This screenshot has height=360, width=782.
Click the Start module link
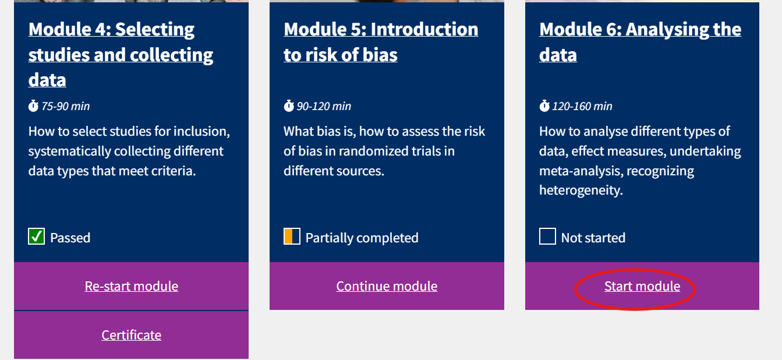tap(642, 287)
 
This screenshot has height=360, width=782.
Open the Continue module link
tap(387, 287)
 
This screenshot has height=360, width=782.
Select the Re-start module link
tap(131, 287)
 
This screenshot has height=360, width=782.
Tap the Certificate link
tap(131, 335)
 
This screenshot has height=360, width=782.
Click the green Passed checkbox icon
tap(36, 237)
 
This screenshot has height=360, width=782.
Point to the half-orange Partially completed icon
tap(292, 237)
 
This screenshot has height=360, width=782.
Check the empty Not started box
tap(547, 237)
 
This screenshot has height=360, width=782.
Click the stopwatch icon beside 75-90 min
tap(33, 105)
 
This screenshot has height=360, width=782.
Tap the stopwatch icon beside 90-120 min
tap(289, 105)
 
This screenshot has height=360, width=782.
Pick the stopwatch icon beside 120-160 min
tap(544, 105)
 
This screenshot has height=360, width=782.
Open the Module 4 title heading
tap(121, 55)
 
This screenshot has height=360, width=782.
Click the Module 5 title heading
tap(381, 42)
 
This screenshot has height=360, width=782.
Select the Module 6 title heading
tap(641, 42)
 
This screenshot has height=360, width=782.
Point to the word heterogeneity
tap(581, 190)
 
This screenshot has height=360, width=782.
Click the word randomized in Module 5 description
tap(375, 151)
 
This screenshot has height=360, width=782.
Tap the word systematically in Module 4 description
tap(69, 151)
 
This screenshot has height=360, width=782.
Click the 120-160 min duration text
tap(582, 106)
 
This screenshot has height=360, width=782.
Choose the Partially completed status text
tap(362, 238)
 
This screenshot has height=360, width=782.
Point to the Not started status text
tap(593, 238)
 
